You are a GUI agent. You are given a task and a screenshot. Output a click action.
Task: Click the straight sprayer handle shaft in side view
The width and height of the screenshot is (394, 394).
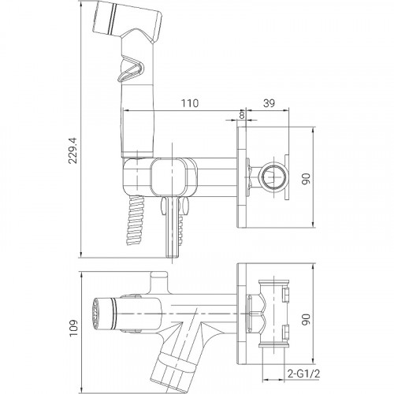136,126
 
